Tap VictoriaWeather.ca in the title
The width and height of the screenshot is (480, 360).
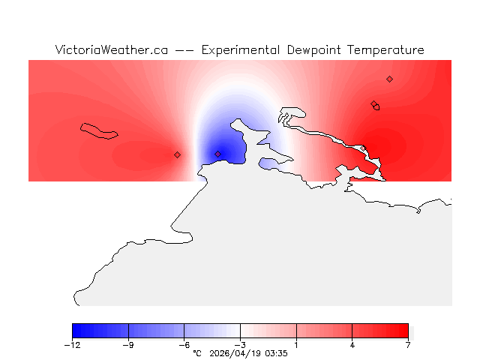pos(111,50)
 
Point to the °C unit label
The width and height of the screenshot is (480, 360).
pos(197,352)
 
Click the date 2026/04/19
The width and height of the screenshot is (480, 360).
pos(238,352)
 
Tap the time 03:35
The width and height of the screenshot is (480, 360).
pos(277,352)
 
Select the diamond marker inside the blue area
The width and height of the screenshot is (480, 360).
pos(217,154)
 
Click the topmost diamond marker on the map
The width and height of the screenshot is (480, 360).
pos(389,79)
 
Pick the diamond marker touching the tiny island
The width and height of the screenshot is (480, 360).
pos(373,104)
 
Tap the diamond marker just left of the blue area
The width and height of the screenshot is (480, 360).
pos(177,154)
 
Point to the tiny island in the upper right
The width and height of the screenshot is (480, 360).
pos(376,107)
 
